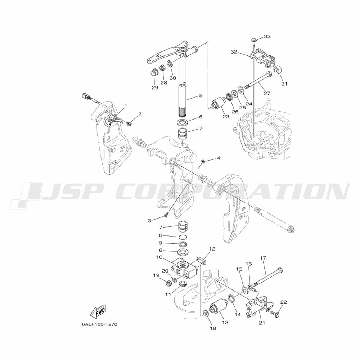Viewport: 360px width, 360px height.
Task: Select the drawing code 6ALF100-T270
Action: [99, 324]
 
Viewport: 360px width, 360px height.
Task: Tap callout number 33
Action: [267, 36]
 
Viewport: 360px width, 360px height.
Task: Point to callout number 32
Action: [234, 52]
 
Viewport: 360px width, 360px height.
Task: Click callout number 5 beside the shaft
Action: [201, 95]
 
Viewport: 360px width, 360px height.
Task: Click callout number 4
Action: [218, 158]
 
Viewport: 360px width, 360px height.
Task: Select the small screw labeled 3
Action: [166, 215]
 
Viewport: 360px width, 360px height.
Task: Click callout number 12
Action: [213, 249]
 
